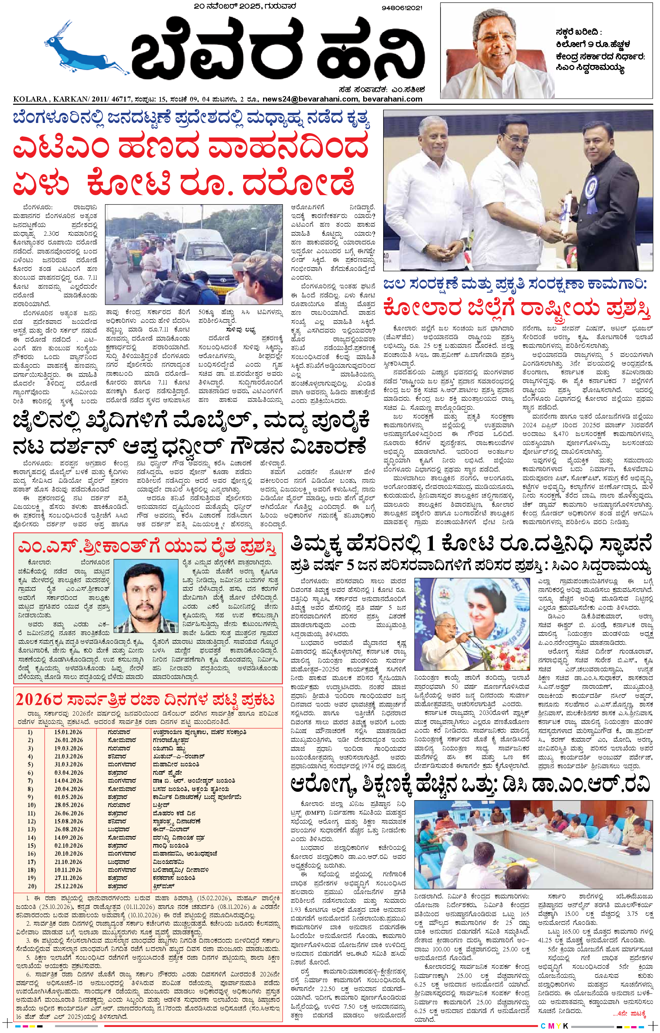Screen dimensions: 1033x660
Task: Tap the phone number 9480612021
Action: pyautogui.click(x=402, y=8)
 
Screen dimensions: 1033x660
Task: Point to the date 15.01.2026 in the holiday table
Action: pyautogui.click(x=68, y=732)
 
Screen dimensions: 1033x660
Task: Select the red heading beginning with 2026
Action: pyautogui.click(x=145, y=700)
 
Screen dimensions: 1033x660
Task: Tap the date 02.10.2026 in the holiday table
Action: pyautogui.click(x=68, y=845)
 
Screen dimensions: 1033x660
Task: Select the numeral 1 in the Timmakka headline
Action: pyautogui.click(x=430, y=544)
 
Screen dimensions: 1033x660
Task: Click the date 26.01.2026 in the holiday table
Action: pyautogui.click(x=68, y=740)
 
